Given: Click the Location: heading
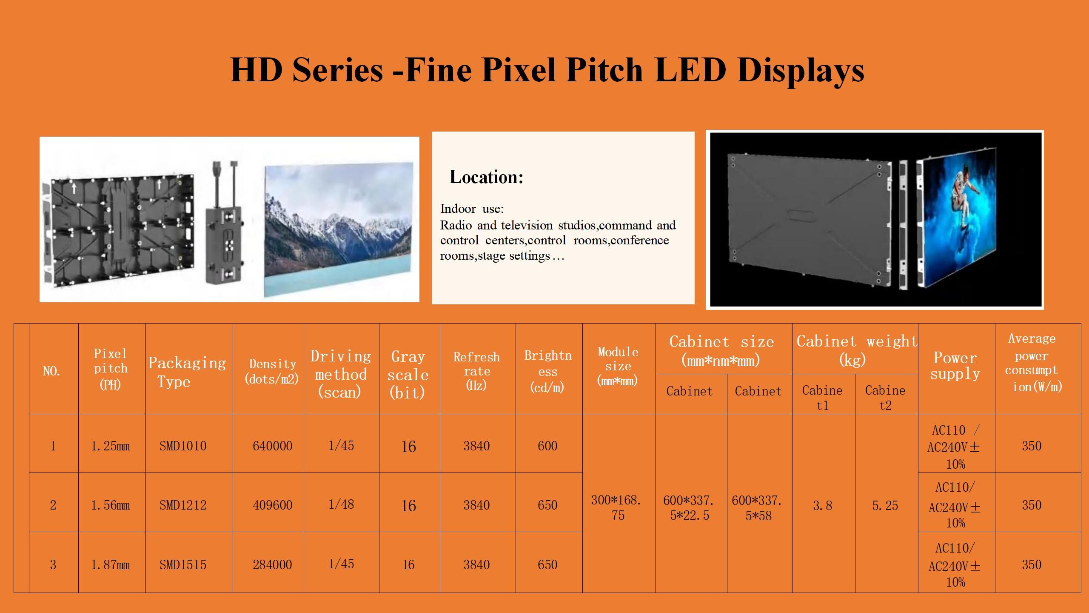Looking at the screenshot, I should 486,177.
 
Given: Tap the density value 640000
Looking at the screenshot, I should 272,446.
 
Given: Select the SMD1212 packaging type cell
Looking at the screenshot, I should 183,505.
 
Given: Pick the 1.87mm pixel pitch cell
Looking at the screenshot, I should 111,565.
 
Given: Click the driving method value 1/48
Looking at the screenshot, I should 341,504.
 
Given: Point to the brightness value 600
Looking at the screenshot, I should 547,446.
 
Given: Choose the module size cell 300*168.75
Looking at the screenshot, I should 618,507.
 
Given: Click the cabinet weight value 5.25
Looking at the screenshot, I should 885,505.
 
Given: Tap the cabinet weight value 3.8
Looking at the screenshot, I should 822,505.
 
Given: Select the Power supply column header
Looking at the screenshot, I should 955,366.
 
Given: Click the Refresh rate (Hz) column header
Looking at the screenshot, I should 476,370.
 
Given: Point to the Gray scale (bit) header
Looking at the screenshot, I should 408,374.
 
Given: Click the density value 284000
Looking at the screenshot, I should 272,565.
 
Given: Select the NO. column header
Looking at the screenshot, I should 51,371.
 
